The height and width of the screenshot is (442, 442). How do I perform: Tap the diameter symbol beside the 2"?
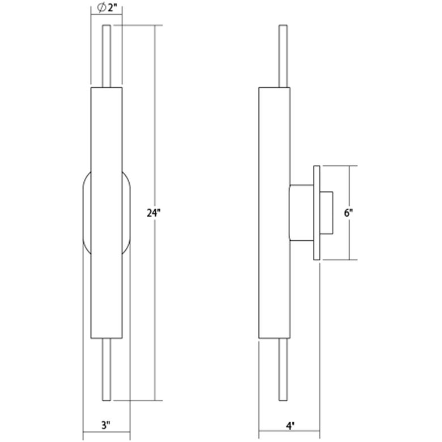tap(100, 8)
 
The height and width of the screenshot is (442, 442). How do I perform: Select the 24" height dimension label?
tap(155, 214)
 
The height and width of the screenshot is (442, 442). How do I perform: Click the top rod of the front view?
tap(106, 56)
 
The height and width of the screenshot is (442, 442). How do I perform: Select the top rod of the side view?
tap(283, 56)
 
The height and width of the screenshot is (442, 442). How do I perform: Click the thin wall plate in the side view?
tap(317, 212)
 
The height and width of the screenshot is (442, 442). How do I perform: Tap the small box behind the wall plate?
tap(327, 212)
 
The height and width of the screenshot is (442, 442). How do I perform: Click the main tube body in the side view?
tap(274, 142)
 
